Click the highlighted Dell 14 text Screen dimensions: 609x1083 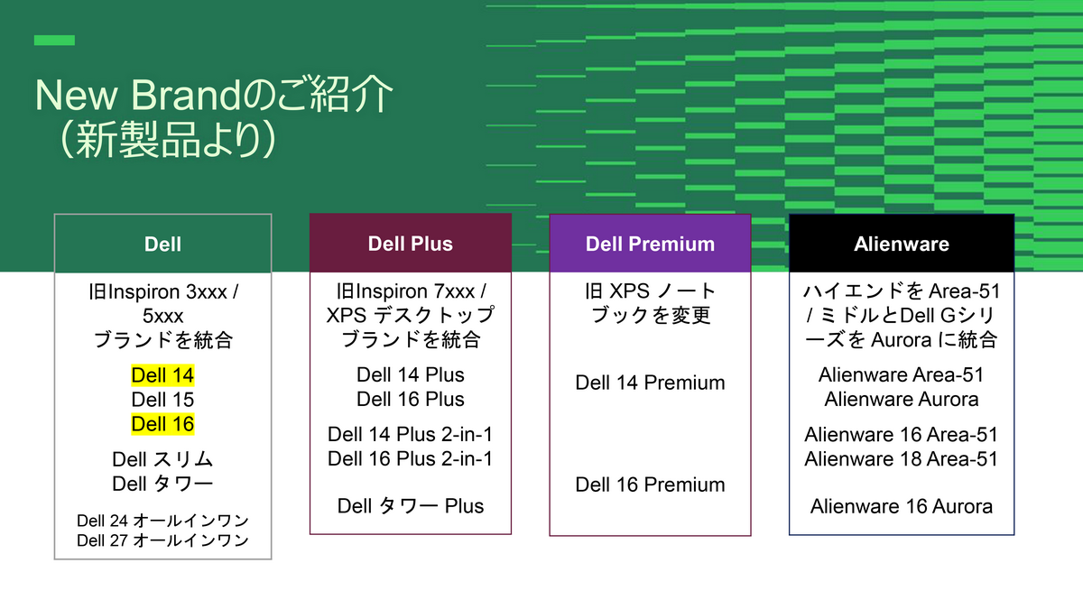162,375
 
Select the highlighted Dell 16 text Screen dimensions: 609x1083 162,424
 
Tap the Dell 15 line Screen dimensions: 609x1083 162,400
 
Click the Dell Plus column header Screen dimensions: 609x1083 411,244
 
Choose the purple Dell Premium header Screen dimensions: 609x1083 650,244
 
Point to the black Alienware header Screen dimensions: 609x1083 901,244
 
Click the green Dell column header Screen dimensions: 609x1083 162,244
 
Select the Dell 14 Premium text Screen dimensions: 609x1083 650,383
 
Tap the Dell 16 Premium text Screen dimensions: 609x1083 650,484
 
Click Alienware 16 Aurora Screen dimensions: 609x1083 901,506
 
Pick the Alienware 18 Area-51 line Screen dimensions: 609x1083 901,458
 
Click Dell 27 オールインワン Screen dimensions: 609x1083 162,540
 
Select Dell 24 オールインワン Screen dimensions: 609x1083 162,521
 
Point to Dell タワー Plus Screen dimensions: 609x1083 411,506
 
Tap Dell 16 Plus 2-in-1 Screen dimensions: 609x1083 411,458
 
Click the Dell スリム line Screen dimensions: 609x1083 162,460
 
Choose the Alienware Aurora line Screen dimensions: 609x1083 901,399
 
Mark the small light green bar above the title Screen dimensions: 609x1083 54,41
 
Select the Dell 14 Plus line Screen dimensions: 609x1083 411,375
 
